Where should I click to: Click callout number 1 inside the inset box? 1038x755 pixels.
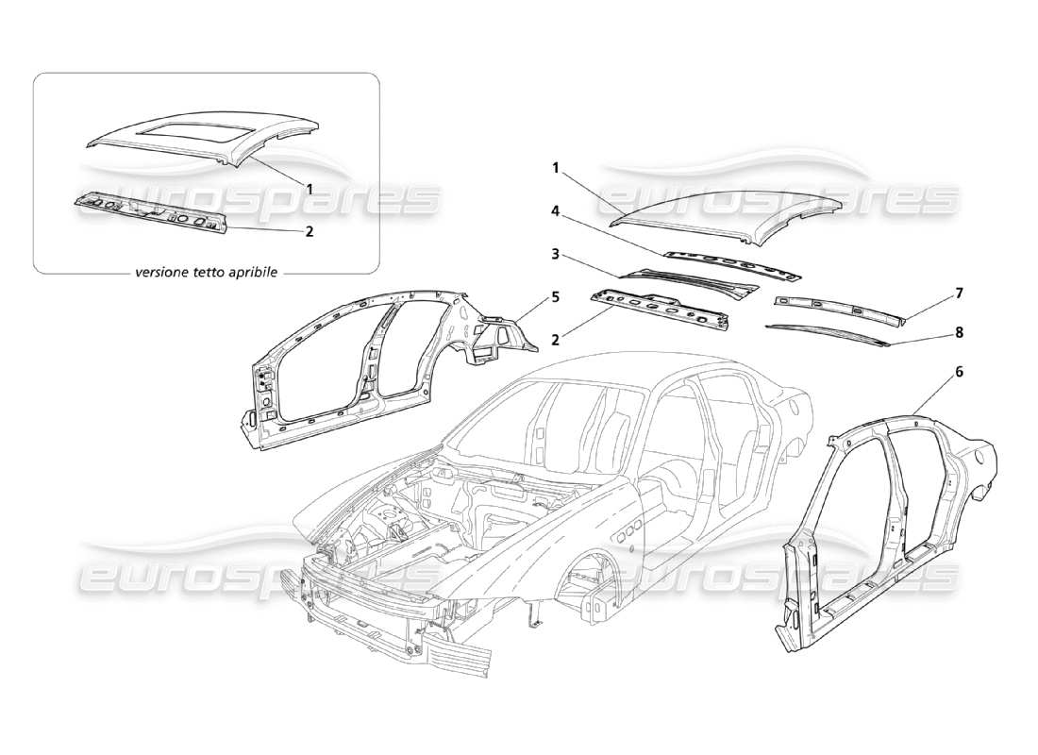coord(310,188)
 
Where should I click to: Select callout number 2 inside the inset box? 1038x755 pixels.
coord(310,229)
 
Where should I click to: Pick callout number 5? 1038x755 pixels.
coord(556,295)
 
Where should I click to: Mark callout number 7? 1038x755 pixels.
coord(959,294)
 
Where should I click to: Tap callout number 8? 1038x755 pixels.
coord(959,332)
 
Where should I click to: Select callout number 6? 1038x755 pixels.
coord(959,372)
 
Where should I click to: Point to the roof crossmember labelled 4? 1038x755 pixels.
coord(731,266)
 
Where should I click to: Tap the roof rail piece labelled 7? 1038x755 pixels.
coord(835,308)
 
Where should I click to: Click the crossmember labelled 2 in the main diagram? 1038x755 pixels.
coord(661,310)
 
